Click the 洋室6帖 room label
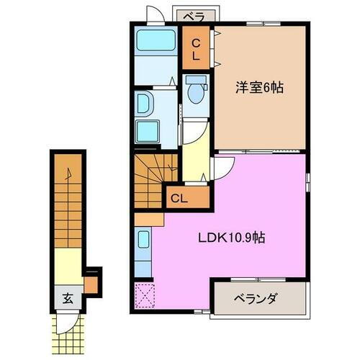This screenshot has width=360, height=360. point(259,88)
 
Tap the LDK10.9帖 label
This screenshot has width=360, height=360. point(230,237)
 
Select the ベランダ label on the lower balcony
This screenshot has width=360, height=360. point(259,298)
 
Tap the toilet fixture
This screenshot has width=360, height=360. point(194,92)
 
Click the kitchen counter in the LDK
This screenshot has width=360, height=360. point(143,252)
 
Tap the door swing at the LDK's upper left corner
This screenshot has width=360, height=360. point(222,166)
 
